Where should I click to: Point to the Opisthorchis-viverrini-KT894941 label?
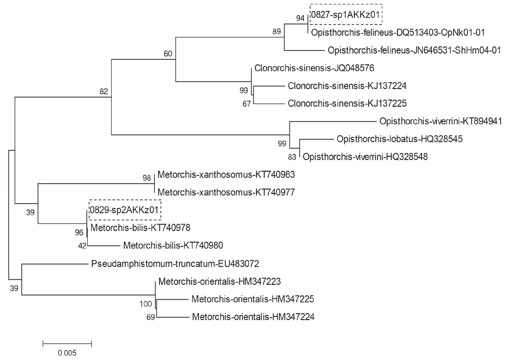(x=440, y=122)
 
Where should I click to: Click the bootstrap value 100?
(x=146, y=304)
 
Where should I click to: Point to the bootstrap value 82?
(x=104, y=91)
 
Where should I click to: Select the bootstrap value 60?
(x=168, y=54)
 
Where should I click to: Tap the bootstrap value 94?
(x=301, y=18)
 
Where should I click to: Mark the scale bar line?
(x=67, y=344)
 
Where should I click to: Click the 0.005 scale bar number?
(x=67, y=353)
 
